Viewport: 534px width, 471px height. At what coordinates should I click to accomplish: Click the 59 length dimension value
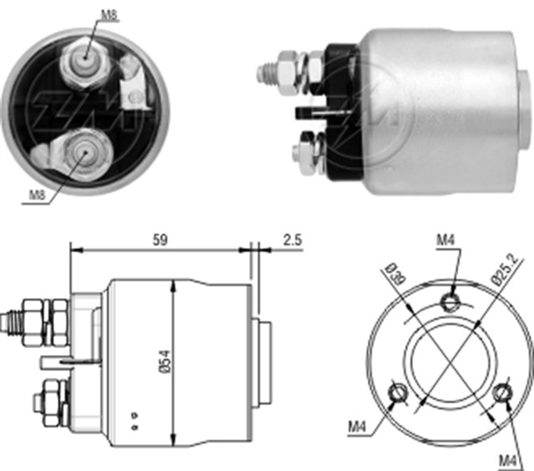[x=160, y=240]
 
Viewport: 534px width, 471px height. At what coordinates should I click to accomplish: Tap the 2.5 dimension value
[x=293, y=240]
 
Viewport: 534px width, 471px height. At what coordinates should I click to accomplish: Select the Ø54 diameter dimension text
[x=165, y=362]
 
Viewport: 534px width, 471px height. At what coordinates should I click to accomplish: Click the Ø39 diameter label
[x=395, y=273]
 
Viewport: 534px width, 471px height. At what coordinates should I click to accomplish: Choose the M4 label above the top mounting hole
[x=446, y=241]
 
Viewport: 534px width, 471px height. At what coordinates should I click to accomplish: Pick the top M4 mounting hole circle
[x=451, y=301]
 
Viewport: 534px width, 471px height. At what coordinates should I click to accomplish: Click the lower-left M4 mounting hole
[x=398, y=392]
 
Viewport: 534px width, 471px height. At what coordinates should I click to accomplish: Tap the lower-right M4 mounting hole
[x=502, y=392]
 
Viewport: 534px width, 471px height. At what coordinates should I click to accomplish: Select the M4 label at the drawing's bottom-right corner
[x=508, y=462]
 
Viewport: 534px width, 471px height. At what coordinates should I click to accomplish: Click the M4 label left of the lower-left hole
[x=357, y=427]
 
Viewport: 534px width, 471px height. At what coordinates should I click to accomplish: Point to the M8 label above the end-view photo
[x=109, y=15]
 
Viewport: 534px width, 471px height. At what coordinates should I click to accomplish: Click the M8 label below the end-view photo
[x=37, y=195]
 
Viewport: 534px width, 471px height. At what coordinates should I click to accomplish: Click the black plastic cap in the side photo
[x=343, y=112]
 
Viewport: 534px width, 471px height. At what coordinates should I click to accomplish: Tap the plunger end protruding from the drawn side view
[x=261, y=362]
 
